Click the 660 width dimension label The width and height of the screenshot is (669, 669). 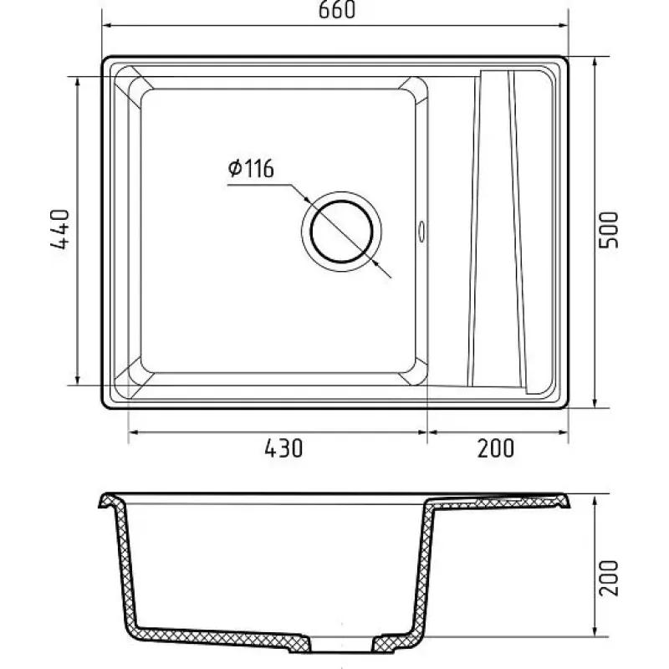pos(337,9)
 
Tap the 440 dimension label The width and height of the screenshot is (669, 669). pos(59,228)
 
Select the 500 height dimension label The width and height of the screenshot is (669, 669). pos(609,229)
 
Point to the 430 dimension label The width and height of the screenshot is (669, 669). pos(283,448)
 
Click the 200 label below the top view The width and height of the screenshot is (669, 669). pos(496,448)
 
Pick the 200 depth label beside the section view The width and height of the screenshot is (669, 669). pos(609,578)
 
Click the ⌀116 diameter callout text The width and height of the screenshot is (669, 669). pos(251,169)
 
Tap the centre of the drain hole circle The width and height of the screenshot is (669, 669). pos(342,232)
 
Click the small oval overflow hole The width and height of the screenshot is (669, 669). pos(422,232)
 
